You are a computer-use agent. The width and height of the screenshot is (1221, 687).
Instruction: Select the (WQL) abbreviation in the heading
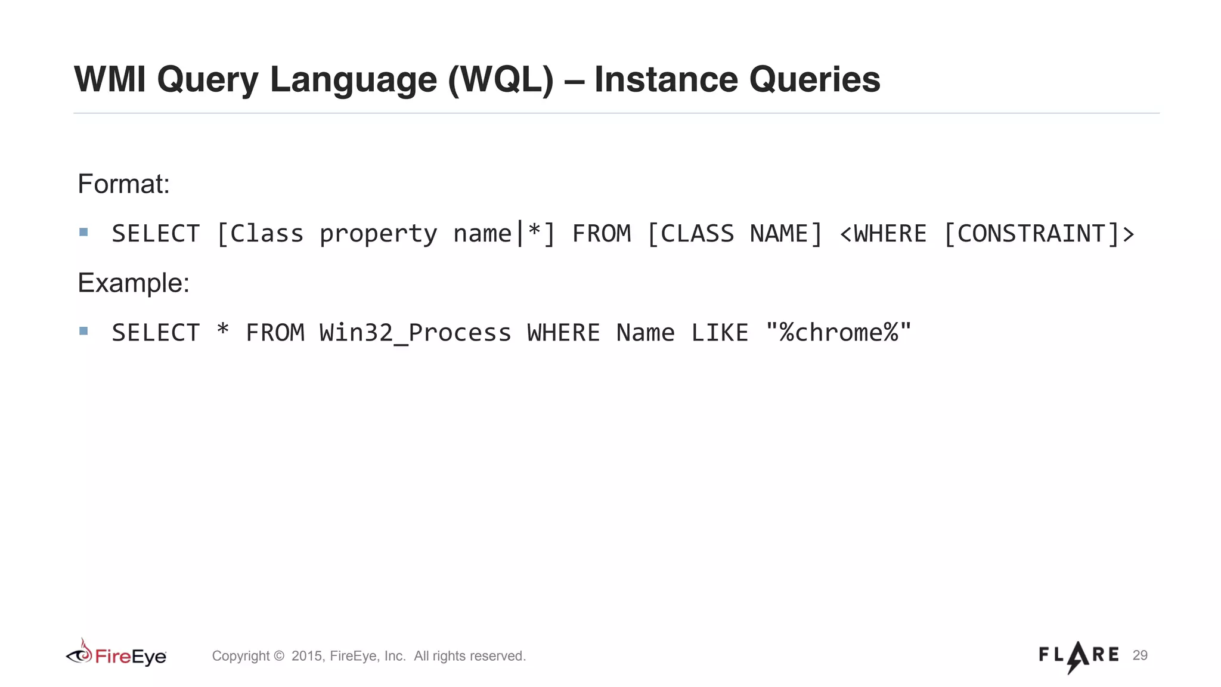point(501,79)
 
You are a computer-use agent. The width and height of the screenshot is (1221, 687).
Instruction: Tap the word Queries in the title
point(814,79)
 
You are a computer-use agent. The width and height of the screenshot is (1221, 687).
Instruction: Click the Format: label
point(123,184)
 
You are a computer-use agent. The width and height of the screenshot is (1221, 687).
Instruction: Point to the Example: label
point(134,283)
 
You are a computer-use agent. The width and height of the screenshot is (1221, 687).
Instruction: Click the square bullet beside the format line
point(83,232)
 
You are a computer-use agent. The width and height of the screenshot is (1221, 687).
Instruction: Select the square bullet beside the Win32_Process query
point(83,331)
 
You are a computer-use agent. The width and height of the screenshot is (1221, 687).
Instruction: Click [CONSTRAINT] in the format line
point(1032,234)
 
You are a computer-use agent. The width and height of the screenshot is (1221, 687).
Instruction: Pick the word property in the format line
point(378,234)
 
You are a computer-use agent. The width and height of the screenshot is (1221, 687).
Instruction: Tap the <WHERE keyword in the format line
point(883,234)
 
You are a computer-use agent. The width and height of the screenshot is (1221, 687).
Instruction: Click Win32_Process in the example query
point(415,333)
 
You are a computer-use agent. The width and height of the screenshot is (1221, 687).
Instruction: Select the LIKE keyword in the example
point(720,333)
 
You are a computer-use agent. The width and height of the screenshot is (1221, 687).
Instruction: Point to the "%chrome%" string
point(839,333)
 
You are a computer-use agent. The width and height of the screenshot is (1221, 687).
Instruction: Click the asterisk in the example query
point(223,330)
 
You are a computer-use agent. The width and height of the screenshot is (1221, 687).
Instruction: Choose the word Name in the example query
point(645,333)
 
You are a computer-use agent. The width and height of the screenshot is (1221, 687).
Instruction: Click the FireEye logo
point(116,654)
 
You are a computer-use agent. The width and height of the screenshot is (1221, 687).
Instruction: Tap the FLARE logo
point(1079,656)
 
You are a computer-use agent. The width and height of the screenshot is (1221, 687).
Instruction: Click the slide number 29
point(1140,655)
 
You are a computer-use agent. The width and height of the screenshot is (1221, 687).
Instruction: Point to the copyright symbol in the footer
point(278,657)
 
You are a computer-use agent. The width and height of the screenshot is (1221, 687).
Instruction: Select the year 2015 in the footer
point(306,656)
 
